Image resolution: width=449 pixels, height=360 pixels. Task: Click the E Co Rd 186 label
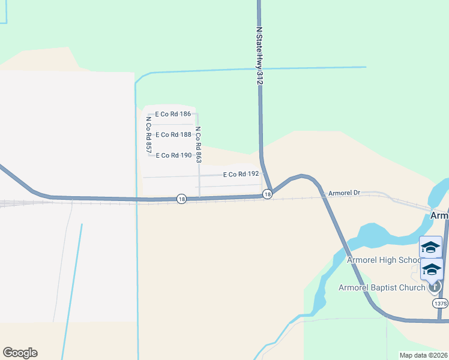point(173,114)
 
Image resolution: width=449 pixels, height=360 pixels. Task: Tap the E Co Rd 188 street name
point(173,135)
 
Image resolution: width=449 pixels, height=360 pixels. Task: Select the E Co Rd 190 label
point(173,155)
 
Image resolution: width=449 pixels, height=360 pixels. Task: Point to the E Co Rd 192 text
point(241,175)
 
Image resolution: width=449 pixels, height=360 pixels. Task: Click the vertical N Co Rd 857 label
point(148,133)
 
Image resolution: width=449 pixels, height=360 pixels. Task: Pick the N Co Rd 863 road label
point(198,145)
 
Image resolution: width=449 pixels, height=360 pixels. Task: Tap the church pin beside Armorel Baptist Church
point(435,287)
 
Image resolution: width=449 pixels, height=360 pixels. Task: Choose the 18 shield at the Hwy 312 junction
point(268,194)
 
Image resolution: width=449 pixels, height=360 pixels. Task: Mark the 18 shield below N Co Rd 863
point(181,199)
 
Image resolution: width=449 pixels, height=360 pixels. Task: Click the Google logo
point(20,353)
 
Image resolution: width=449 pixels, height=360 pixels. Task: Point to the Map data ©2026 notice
point(424,355)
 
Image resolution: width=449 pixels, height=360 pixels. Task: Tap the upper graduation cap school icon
point(431,247)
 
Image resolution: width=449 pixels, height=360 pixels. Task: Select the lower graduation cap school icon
point(432,269)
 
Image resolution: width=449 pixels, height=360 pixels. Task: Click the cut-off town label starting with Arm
point(439,215)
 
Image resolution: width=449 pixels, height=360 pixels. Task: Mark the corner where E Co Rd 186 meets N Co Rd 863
point(198,114)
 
